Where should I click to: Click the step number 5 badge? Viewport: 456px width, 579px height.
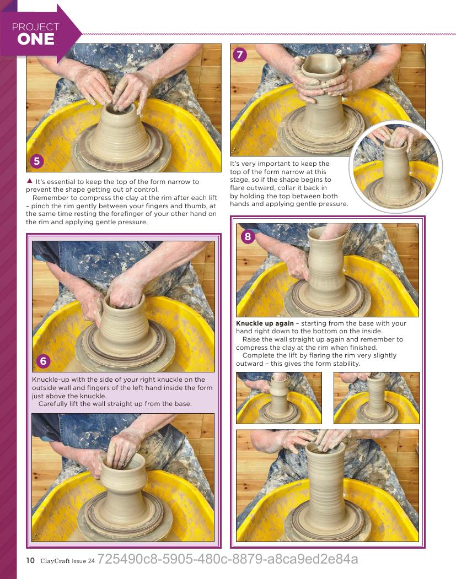36,161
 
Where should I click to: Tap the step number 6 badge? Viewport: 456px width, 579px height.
43,361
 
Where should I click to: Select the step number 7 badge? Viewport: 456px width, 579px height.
240,55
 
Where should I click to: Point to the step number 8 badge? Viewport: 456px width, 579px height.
248,236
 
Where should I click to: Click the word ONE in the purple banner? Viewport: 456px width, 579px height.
36,39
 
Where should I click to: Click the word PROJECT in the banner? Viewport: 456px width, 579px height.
35,27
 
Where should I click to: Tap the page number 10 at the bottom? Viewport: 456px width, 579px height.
30,560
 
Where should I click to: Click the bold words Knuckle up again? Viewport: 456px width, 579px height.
265,323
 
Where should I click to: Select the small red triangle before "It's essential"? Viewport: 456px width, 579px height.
30,181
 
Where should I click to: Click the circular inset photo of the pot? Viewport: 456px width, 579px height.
396,166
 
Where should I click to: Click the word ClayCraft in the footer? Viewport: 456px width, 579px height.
55,561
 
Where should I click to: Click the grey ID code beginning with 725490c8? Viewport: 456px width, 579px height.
228,559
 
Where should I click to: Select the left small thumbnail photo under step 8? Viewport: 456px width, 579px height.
279,398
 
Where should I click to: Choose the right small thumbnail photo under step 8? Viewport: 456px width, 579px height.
377,398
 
